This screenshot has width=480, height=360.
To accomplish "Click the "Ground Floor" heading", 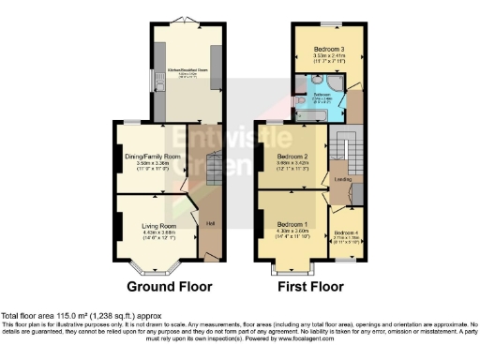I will tap(169, 287).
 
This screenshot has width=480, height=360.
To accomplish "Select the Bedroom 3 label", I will tap(328, 48).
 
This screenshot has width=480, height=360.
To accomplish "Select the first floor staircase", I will tap(344, 150).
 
